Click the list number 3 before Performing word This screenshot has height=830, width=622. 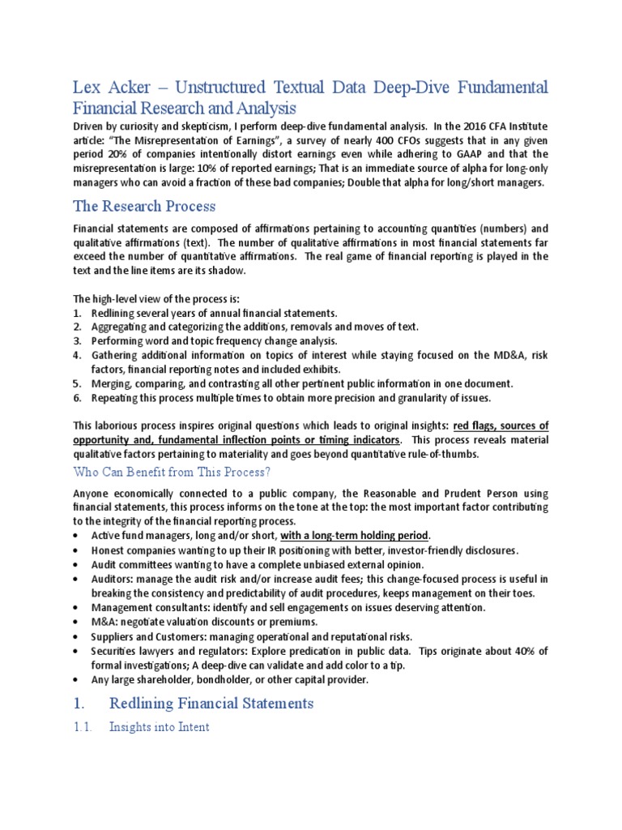click(x=76, y=341)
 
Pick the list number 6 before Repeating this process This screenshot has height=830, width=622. click(x=76, y=398)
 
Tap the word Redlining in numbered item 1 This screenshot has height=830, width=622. click(x=115, y=313)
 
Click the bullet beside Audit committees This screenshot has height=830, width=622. click(x=76, y=564)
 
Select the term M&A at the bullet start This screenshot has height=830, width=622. click(x=104, y=622)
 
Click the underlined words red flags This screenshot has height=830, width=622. click(x=478, y=426)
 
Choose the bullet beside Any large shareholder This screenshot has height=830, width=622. click(x=76, y=679)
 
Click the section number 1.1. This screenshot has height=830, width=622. click(x=82, y=727)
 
